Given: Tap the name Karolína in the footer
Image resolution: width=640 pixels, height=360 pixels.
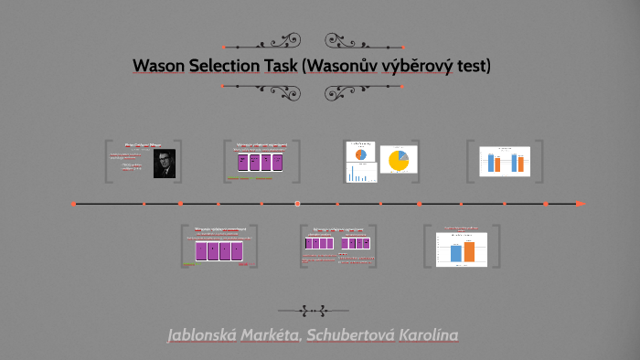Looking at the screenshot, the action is [430, 335].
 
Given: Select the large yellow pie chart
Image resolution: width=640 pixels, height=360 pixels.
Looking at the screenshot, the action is [398, 161].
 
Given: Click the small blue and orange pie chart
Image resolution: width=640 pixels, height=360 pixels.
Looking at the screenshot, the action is [360, 154].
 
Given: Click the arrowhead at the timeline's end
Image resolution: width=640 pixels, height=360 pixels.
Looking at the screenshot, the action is [581, 203].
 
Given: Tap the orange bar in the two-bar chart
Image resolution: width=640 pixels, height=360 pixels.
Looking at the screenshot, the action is [470, 251].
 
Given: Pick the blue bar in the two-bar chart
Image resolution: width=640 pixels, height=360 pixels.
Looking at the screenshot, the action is [455, 253].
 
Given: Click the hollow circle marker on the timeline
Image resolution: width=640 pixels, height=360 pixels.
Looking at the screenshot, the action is [297, 203].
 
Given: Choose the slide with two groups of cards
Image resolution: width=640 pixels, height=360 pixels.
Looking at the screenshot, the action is [337, 244].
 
